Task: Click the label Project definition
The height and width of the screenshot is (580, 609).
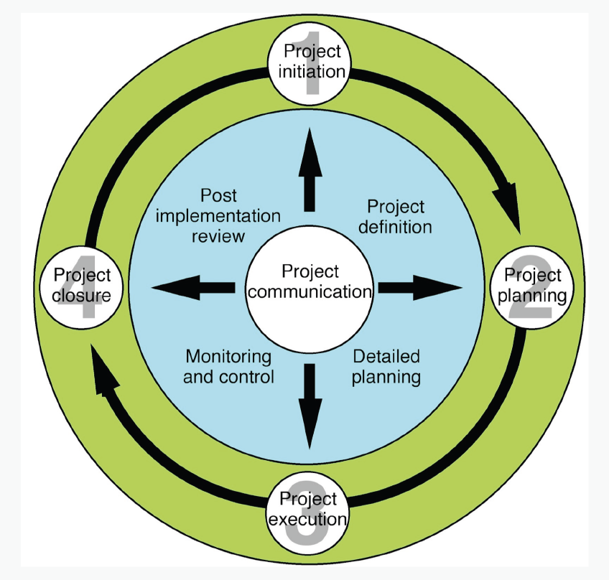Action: pos(396,217)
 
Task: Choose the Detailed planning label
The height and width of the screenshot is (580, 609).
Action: pos(386,367)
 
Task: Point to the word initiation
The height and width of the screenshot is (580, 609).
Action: pos(311,72)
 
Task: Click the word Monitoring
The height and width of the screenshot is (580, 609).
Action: pos(228,357)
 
